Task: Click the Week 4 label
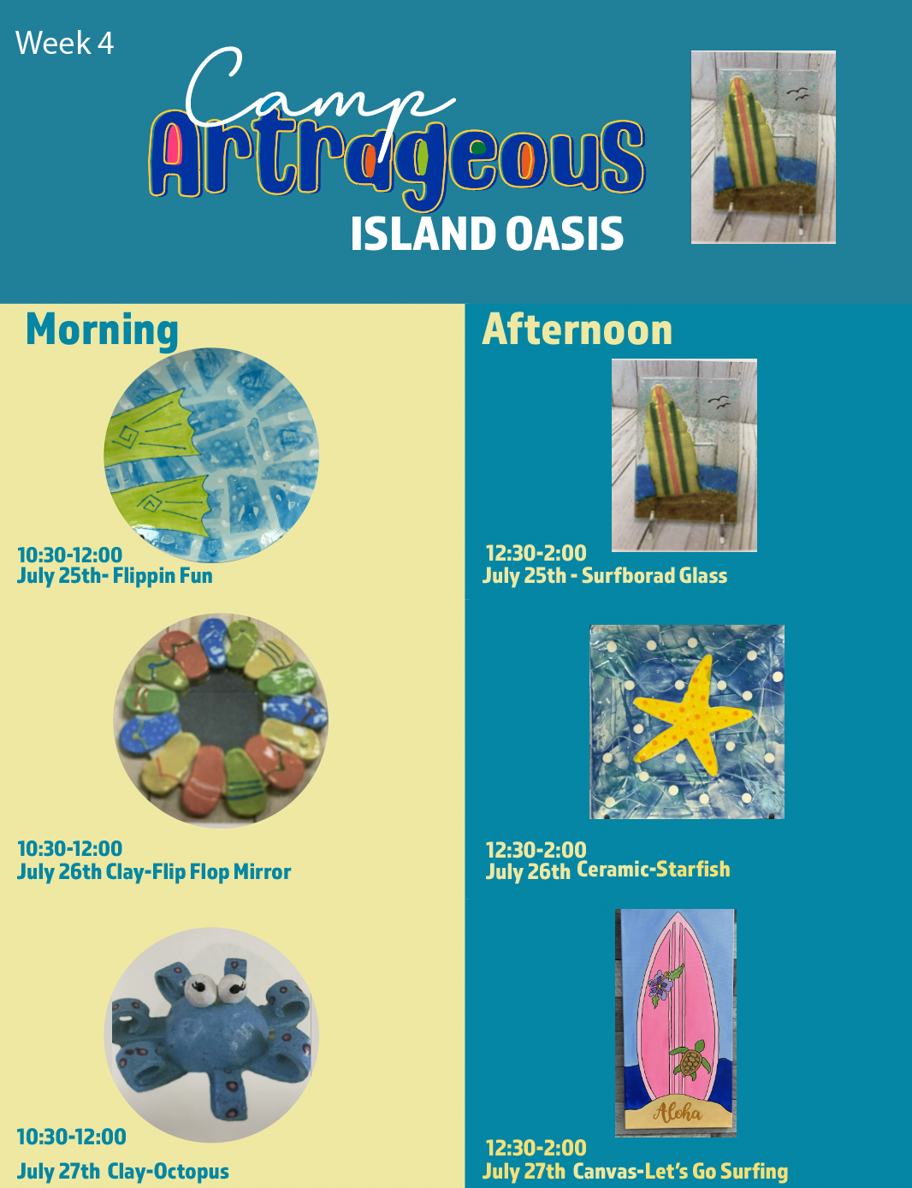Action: click(64, 43)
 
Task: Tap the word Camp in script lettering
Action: click(320, 98)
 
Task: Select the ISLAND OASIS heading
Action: click(486, 234)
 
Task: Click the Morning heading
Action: click(102, 330)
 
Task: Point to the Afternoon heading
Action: click(577, 330)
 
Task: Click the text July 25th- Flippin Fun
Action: click(115, 576)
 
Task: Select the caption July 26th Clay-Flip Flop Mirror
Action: click(153, 872)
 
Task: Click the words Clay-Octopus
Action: click(168, 1171)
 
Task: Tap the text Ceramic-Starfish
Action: click(653, 869)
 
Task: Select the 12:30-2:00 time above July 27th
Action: click(536, 1148)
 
